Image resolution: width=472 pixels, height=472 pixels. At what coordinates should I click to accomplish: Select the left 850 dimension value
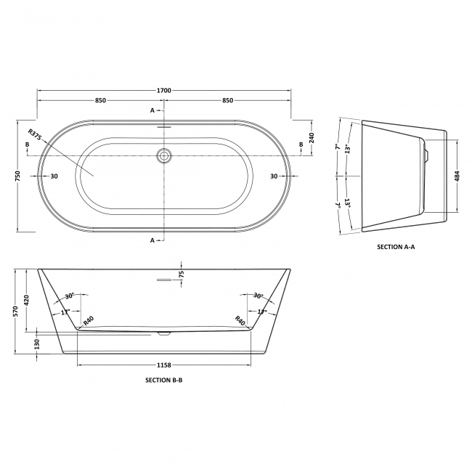(x=102, y=100)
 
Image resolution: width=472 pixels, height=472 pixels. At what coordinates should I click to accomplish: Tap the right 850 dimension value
(x=227, y=100)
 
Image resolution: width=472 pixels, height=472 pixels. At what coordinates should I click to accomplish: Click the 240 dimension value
(x=312, y=139)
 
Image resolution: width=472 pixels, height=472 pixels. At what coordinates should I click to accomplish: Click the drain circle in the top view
(x=165, y=155)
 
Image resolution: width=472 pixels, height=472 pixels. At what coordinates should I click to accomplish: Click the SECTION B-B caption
(x=165, y=380)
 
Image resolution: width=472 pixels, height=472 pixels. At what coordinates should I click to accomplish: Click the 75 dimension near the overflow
(x=182, y=274)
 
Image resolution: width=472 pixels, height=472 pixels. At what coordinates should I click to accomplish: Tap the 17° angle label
(x=65, y=312)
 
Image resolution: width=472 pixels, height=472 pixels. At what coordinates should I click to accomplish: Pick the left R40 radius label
(x=89, y=320)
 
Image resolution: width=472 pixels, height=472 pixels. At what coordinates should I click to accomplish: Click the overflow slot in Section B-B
(x=164, y=278)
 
